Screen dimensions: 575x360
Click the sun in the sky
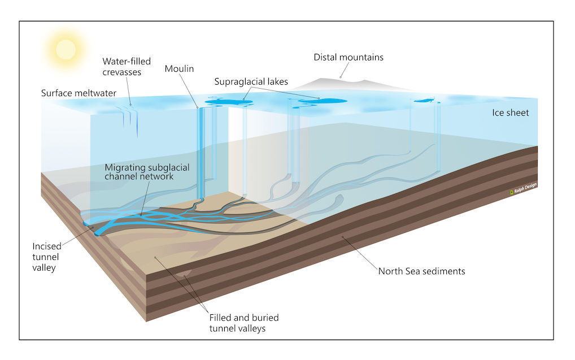(x=66, y=49)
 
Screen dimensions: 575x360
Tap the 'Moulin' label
(x=179, y=68)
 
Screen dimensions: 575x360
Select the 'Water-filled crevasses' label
(x=127, y=67)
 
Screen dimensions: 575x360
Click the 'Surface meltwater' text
(x=79, y=93)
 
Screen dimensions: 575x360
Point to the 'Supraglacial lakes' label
(x=251, y=82)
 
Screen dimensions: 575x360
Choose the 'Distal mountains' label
(x=349, y=57)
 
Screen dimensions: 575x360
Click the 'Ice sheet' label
(x=511, y=112)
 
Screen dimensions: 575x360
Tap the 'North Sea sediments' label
(x=422, y=271)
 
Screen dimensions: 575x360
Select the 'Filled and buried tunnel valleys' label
(x=244, y=323)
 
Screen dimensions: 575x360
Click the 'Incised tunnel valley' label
(x=46, y=257)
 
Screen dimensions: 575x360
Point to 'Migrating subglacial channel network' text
(x=147, y=172)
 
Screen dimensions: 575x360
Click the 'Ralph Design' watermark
(x=523, y=188)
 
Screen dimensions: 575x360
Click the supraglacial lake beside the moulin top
(x=224, y=101)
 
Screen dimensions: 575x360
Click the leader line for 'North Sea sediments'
(x=360, y=254)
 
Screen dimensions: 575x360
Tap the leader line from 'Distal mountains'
(x=345, y=70)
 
